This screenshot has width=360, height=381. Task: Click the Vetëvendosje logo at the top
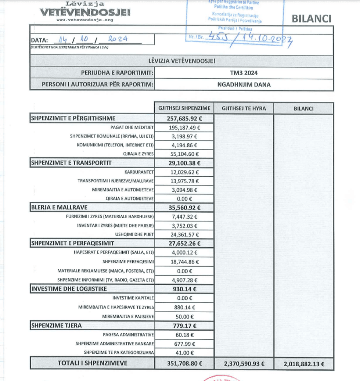tap(84, 12)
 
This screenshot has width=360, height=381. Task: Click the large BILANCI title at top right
tap(312, 18)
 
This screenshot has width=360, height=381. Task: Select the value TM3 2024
tap(244, 73)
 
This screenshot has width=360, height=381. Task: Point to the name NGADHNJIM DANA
tap(244, 85)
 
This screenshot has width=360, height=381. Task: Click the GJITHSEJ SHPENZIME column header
tap(184, 108)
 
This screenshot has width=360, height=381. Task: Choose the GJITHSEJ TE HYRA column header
tap(244, 108)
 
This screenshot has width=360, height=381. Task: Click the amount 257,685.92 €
tap(184, 119)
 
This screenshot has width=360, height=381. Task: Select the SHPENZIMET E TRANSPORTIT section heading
tap(71, 163)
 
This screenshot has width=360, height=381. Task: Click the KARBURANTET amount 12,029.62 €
tap(184, 172)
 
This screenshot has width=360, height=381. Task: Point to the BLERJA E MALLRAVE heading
tap(59, 208)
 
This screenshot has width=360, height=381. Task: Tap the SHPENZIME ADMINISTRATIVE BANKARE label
tap(115, 344)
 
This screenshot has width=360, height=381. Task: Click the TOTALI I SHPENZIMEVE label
tap(93, 363)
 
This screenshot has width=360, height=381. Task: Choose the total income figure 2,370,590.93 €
tap(244, 364)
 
